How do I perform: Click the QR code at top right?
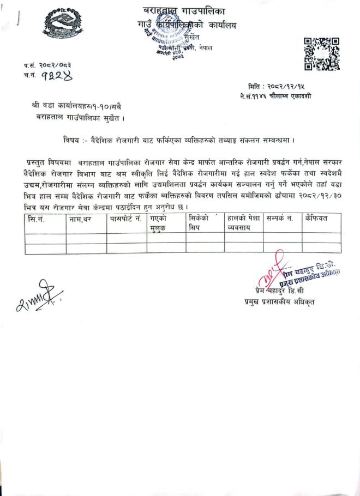pyautogui.click(x=321, y=53)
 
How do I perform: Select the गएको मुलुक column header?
pyautogui.click(x=159, y=223)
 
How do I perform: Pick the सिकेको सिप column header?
pyautogui.click(x=199, y=223)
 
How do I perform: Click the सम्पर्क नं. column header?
pyautogui.click(x=280, y=219)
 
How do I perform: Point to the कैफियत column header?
pyautogui.click(x=317, y=219)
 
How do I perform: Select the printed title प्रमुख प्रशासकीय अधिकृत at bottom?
pyautogui.click(x=279, y=301)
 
